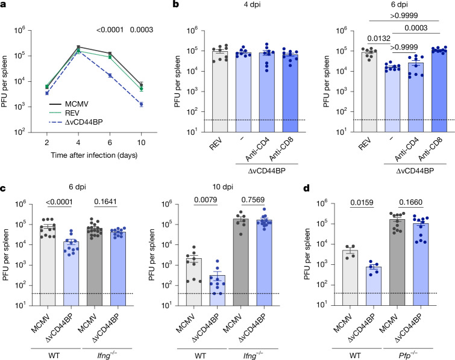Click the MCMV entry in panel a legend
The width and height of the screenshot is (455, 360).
click(77, 104)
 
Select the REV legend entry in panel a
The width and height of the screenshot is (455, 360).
click(72, 113)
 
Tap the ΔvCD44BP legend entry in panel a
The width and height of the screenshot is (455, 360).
click(84, 122)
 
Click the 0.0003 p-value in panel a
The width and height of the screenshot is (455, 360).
click(141, 29)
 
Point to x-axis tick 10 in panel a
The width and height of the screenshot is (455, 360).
click(141, 142)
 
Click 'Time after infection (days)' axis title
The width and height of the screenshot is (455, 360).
click(94, 155)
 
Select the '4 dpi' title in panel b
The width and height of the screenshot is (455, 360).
click(251, 5)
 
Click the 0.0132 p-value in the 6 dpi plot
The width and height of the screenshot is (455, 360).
click(378, 39)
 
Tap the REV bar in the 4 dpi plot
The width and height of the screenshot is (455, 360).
click(220, 92)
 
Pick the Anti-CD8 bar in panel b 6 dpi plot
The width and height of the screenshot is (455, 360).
click(439, 92)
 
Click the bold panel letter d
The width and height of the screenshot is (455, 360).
click(306, 188)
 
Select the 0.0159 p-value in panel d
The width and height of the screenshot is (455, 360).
click(362, 202)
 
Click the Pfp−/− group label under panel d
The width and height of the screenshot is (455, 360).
click(408, 355)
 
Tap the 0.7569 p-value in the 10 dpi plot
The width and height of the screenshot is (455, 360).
click(253, 200)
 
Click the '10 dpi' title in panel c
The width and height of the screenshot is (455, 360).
click(222, 187)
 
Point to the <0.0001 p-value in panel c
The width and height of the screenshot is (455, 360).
click(59, 202)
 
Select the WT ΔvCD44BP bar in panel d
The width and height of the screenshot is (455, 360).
click(374, 286)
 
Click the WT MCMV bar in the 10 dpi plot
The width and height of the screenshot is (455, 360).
click(194, 282)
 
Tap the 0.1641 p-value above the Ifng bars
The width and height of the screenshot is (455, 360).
click(105, 202)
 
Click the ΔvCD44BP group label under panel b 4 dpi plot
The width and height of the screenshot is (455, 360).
click(267, 171)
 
